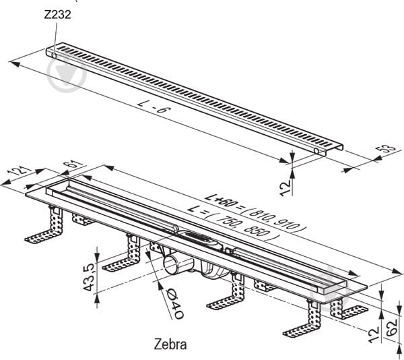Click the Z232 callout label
tap(57, 14)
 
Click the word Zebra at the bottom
tap(170, 344)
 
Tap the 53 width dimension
tap(385, 148)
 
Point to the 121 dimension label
tap(18, 171)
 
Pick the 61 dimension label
tap(74, 164)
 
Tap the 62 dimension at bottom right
tap(392, 328)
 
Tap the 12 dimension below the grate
tap(285, 188)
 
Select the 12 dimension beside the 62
tap(374, 334)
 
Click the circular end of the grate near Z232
tap(54, 55)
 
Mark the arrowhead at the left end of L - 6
tap(13, 63)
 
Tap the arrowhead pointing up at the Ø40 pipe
tap(160, 285)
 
